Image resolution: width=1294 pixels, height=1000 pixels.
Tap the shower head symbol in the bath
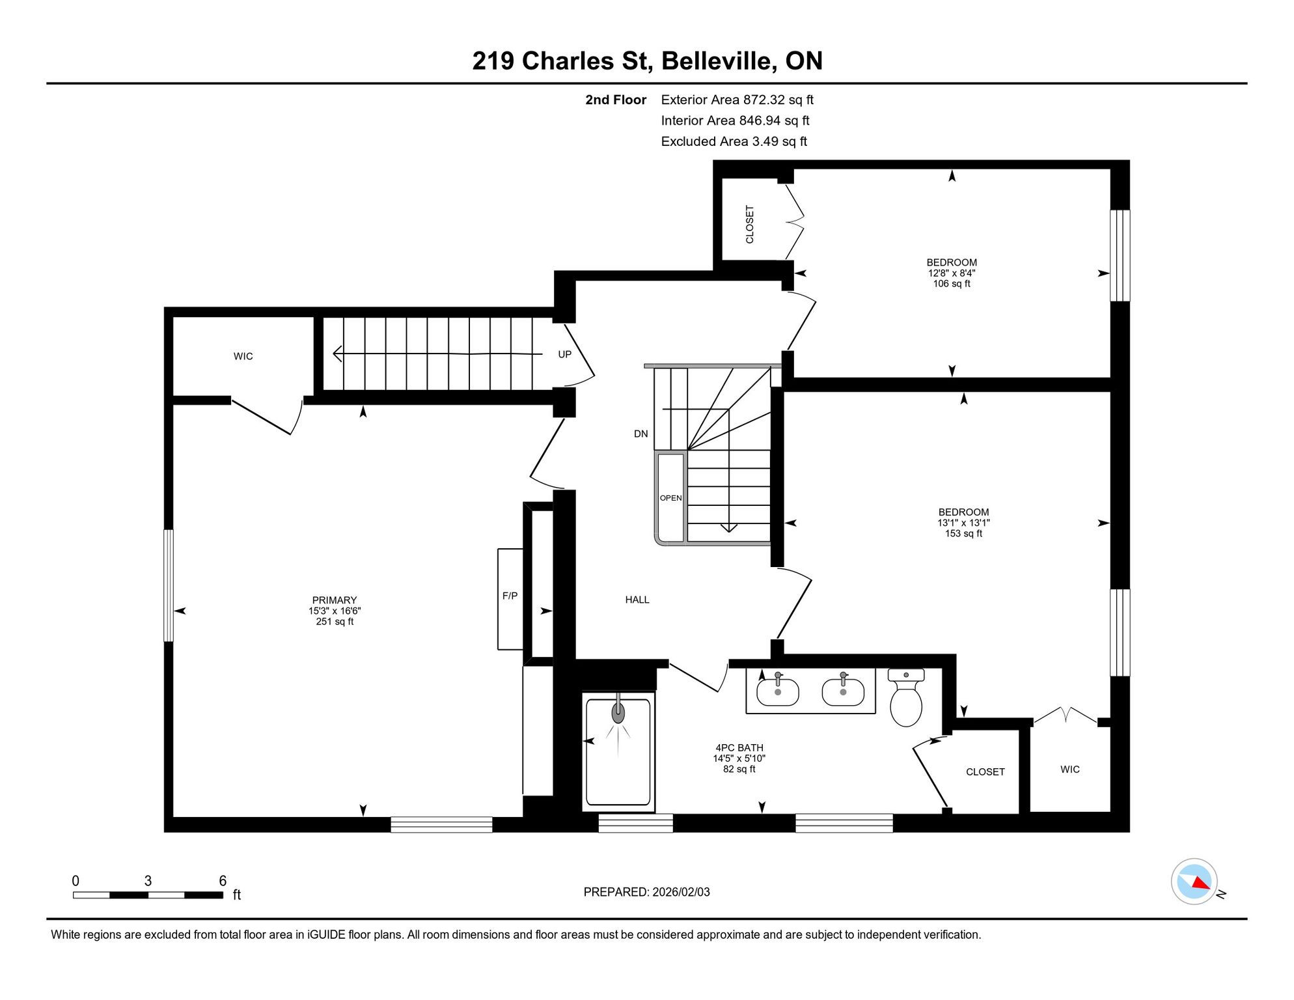[x=618, y=712]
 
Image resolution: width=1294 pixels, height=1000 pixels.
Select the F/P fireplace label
[x=510, y=596]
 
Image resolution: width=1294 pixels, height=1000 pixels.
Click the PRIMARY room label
[x=335, y=600]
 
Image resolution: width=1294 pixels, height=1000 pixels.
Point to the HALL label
[x=637, y=600]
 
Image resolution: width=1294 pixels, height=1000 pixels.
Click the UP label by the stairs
[x=564, y=354]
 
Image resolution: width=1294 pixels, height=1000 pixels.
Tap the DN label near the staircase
[x=641, y=434]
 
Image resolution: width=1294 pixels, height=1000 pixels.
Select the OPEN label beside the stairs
[x=671, y=498]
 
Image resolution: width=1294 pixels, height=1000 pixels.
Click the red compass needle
[x=1201, y=883]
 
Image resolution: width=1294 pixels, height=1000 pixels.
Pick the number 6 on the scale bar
[x=223, y=881]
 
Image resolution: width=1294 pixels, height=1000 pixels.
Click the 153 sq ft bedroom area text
[x=963, y=533]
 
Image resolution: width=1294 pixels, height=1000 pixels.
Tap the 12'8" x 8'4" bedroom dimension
[x=952, y=273]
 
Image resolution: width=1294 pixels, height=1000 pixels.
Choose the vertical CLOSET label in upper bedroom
[x=750, y=225]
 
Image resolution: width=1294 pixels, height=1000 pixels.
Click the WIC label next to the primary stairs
[x=243, y=356]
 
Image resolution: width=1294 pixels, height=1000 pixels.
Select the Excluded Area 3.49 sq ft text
[x=734, y=141]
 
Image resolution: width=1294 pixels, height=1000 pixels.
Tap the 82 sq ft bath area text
[x=739, y=769]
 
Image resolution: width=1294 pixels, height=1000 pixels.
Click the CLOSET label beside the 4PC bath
[x=985, y=771]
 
